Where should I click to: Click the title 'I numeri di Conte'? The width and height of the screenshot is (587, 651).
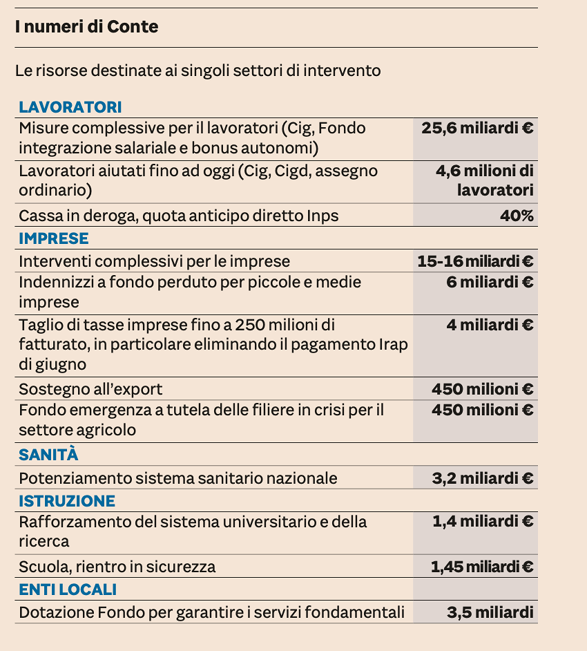pyautogui.click(x=87, y=27)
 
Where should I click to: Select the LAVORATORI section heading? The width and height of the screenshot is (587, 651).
pyautogui.click(x=70, y=107)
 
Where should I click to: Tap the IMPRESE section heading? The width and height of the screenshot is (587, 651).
pyautogui.click(x=54, y=238)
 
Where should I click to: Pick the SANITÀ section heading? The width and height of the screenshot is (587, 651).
pyautogui.click(x=48, y=455)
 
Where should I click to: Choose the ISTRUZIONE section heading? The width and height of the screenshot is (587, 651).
pyautogui.click(x=67, y=501)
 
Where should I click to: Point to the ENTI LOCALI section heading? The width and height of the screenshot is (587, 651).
pyautogui.click(x=68, y=589)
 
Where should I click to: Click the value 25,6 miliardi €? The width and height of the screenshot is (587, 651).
pyautogui.click(x=477, y=128)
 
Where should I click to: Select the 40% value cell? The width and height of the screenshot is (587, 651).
pyautogui.click(x=517, y=216)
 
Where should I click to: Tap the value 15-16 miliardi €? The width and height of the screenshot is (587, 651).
pyautogui.click(x=475, y=261)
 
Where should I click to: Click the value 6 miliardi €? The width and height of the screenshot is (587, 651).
pyautogui.click(x=490, y=282)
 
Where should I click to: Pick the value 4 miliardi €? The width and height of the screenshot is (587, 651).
pyautogui.click(x=490, y=325)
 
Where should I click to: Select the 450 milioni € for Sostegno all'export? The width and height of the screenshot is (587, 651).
pyautogui.click(x=482, y=389)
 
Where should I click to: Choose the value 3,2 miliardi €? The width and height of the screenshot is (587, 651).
pyautogui.click(x=483, y=478)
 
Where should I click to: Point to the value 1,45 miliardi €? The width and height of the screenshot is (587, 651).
pyautogui.click(x=482, y=567)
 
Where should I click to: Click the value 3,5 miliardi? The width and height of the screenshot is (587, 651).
pyautogui.click(x=490, y=612)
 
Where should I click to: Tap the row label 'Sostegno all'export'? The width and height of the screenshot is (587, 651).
pyautogui.click(x=90, y=389)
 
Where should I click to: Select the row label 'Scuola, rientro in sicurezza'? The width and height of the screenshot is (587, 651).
pyautogui.click(x=117, y=567)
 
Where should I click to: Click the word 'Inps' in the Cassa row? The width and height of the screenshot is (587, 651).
pyautogui.click(x=323, y=216)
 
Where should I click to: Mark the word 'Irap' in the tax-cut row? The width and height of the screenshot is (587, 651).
pyautogui.click(x=394, y=344)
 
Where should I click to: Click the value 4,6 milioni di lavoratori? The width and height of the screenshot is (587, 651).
pyautogui.click(x=484, y=180)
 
